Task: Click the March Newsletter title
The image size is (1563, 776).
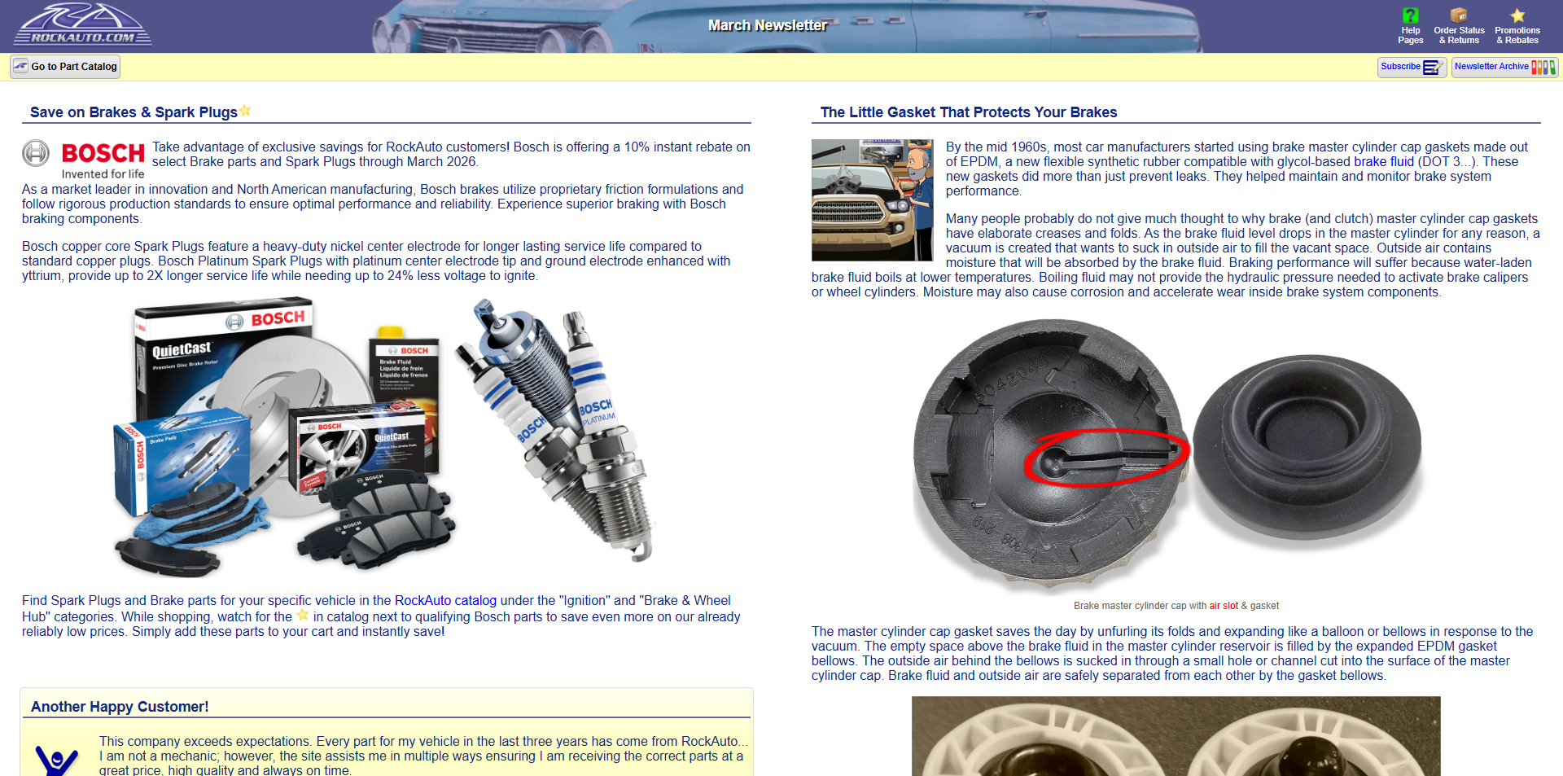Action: [767, 25]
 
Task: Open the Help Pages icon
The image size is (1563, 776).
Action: [1410, 15]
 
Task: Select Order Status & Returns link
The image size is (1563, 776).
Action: [1459, 35]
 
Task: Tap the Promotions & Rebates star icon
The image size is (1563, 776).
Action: [1517, 15]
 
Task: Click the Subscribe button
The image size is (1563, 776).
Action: [1411, 67]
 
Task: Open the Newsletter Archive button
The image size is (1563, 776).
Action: [1504, 67]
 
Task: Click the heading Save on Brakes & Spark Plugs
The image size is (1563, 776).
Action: [134, 112]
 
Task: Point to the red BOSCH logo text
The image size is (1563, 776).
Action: [103, 153]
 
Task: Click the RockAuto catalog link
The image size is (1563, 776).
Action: [445, 601]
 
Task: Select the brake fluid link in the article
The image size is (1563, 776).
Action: [1383, 162]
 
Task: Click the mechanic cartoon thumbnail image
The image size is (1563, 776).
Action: [872, 199]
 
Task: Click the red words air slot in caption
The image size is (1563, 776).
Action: [1223, 606]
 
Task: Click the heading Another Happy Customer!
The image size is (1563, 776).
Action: [120, 707]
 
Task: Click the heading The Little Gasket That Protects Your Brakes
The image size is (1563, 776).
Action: [968, 112]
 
